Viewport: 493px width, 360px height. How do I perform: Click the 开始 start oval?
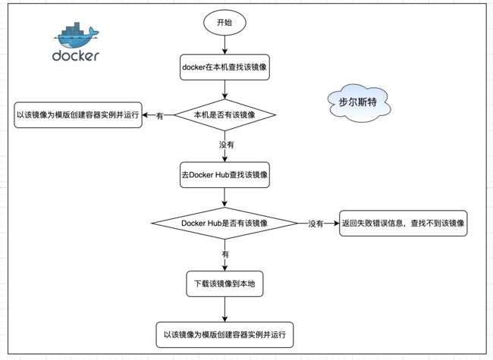tap(225, 23)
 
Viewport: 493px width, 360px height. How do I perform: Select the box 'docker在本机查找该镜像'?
tap(225, 67)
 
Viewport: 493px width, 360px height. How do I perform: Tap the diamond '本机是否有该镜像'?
tap(225, 115)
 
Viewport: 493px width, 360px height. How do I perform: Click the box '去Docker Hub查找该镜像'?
tap(225, 175)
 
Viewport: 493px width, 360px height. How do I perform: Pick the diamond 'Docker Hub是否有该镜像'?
tap(225, 224)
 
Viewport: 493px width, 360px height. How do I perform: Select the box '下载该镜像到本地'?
tap(225, 284)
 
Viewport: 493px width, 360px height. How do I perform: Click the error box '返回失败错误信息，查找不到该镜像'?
tap(403, 224)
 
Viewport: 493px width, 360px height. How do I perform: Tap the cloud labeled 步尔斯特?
tap(359, 103)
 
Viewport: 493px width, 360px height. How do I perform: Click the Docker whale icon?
tap(77, 35)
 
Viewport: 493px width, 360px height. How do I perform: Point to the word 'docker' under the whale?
tap(76, 56)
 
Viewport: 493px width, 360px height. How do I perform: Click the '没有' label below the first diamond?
tap(226, 145)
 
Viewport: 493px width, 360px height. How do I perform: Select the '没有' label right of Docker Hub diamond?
tap(316, 224)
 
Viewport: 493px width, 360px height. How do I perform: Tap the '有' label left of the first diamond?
tap(160, 116)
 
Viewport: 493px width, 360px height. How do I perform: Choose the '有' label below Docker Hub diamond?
tap(225, 254)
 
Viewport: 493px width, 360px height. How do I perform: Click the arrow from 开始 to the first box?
tap(225, 45)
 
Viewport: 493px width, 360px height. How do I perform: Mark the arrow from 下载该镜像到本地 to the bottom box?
tap(225, 309)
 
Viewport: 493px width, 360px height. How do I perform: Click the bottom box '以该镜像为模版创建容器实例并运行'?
tap(225, 335)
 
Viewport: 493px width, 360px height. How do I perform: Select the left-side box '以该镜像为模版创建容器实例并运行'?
tap(78, 115)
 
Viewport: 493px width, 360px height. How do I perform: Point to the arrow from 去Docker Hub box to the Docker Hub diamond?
tap(225, 198)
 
